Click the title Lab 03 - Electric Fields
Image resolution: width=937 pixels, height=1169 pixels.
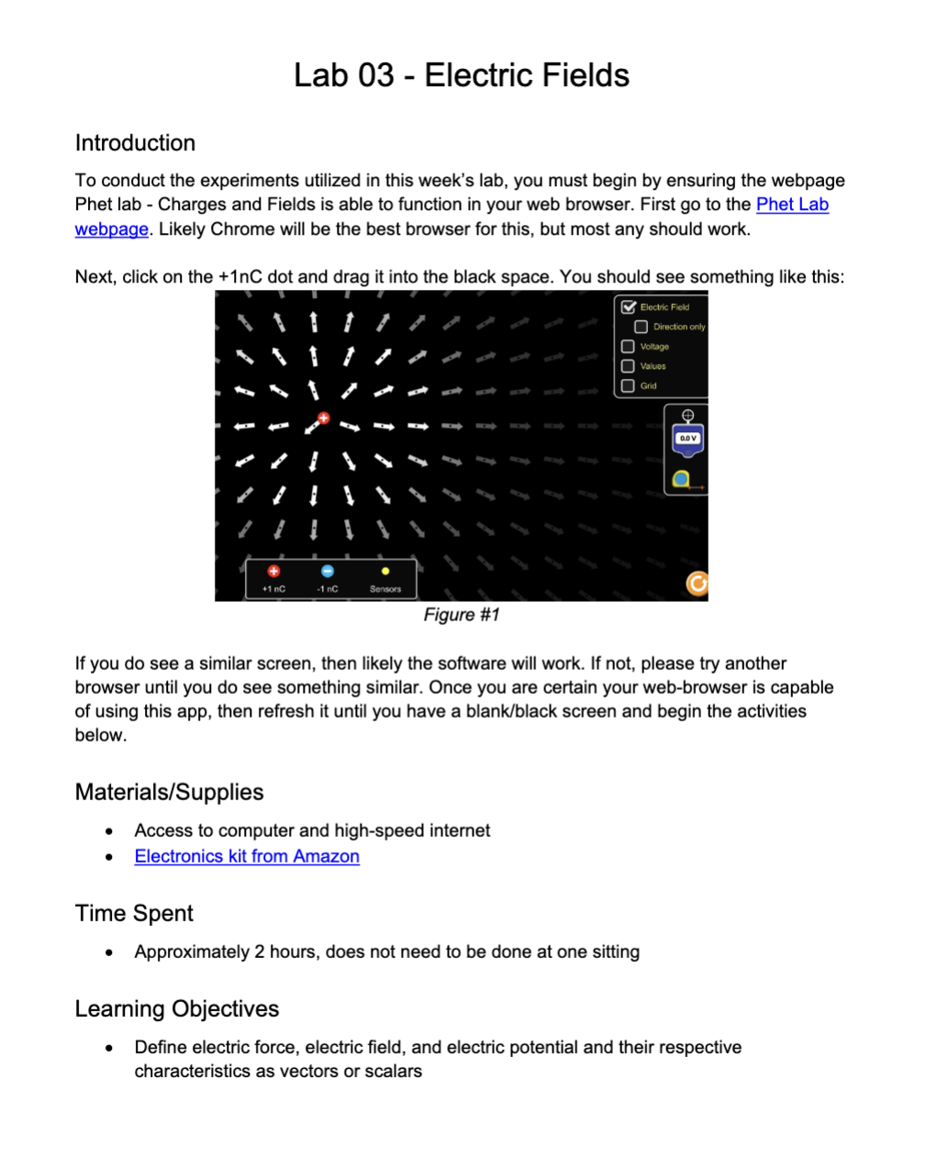tap(461, 75)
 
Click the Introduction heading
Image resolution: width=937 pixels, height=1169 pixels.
tap(135, 143)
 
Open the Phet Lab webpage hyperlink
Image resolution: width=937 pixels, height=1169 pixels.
tap(791, 205)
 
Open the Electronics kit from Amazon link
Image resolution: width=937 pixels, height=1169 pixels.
tap(246, 856)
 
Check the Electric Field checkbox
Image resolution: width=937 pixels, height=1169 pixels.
tap(629, 307)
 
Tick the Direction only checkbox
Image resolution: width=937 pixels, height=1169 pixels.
tap(641, 327)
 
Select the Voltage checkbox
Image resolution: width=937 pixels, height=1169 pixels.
tap(628, 347)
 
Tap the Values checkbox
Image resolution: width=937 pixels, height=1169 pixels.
tap(628, 366)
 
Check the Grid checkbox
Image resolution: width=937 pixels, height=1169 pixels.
tap(628, 386)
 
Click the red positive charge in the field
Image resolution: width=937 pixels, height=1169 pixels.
tap(323, 418)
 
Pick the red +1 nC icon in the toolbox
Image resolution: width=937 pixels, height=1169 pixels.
tap(273, 572)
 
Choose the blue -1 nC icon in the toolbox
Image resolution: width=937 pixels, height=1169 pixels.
tap(328, 572)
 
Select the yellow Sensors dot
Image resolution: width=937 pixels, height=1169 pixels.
tap(385, 572)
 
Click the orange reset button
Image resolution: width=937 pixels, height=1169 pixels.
tap(697, 584)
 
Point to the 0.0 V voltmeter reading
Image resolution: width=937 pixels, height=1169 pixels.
tap(688, 439)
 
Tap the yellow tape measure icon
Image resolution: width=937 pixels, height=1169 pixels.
tap(681, 479)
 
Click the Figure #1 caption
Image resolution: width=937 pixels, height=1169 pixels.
tap(461, 615)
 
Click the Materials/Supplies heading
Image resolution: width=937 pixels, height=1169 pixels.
tap(169, 793)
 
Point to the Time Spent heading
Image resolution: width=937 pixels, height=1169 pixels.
tap(134, 914)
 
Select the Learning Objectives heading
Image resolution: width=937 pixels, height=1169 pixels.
tap(176, 1009)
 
